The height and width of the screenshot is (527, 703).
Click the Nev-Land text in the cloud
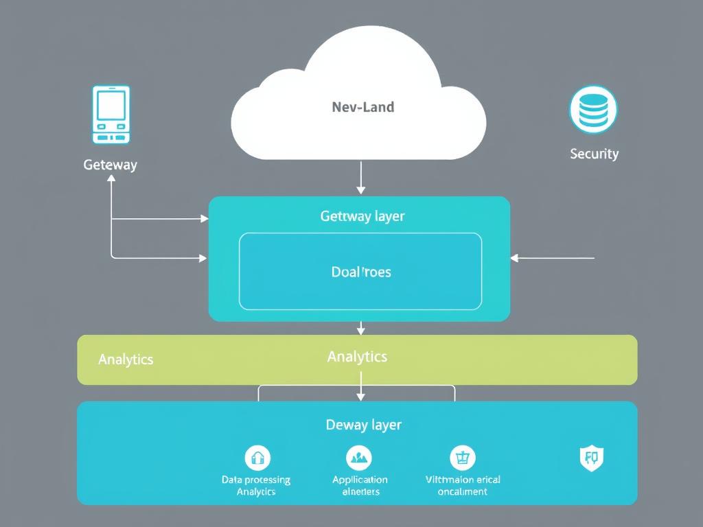(x=362, y=107)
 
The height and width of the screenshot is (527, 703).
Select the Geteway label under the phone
(x=110, y=165)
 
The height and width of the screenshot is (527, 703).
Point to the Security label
(x=594, y=154)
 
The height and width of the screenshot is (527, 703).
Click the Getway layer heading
(x=362, y=216)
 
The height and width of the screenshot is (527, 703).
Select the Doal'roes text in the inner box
(x=360, y=272)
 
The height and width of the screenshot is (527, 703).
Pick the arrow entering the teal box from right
(x=552, y=258)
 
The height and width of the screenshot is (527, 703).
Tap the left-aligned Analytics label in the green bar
(x=126, y=359)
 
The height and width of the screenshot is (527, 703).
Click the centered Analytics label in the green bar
(x=357, y=356)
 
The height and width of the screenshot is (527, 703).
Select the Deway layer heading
(x=363, y=425)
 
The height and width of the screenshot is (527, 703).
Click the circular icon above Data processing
(x=257, y=457)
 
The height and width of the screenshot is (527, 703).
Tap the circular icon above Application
(x=359, y=456)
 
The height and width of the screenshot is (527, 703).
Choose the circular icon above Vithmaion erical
(x=463, y=457)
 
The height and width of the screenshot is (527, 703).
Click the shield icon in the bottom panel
(x=592, y=456)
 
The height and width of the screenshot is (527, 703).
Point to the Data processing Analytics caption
(x=256, y=485)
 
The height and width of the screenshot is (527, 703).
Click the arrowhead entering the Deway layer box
(x=361, y=396)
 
